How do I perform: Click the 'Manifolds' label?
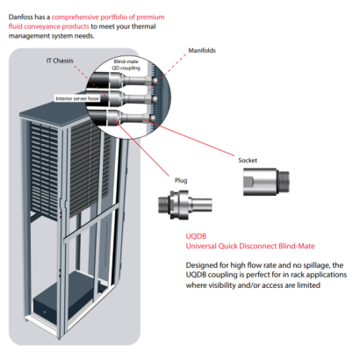tap(201, 50)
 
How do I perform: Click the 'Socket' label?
tap(248, 161)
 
